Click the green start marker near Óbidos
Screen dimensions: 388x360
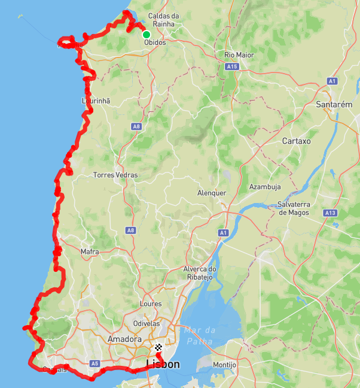[146, 34]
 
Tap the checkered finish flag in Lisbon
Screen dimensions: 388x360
[158, 347]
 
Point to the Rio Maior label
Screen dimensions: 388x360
[239, 55]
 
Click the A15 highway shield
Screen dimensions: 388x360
[233, 67]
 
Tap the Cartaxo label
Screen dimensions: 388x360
[296, 141]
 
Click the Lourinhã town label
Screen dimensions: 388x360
[96, 101]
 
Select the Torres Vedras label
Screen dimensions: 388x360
[115, 175]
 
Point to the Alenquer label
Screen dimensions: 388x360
[212, 193]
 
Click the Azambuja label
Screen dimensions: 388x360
[265, 187]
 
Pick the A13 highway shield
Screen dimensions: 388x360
[330, 213]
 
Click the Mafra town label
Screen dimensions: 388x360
[90, 252]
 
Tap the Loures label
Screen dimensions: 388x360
[150, 304]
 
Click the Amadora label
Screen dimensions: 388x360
[124, 339]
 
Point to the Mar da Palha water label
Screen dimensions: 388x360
[200, 335]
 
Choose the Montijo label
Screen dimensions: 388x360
[225, 365]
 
